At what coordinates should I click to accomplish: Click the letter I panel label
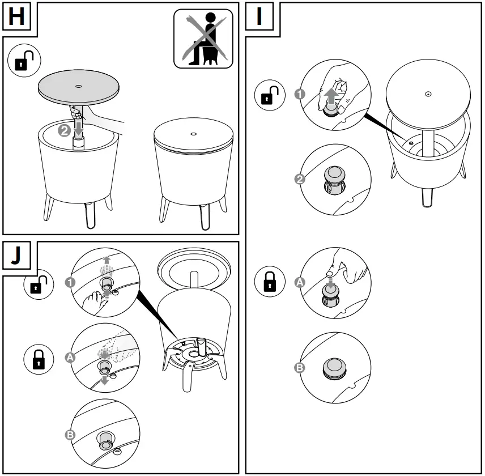tap(259, 17)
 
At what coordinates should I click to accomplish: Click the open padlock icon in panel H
tap(23, 62)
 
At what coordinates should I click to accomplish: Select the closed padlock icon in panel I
tap(269, 282)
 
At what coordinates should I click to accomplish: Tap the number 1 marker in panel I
tap(300, 95)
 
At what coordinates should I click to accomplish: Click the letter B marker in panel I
tap(300, 367)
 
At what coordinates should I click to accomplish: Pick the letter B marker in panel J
tap(71, 435)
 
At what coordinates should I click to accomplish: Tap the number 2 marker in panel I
tap(300, 180)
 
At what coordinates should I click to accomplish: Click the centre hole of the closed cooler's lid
tap(193, 134)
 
